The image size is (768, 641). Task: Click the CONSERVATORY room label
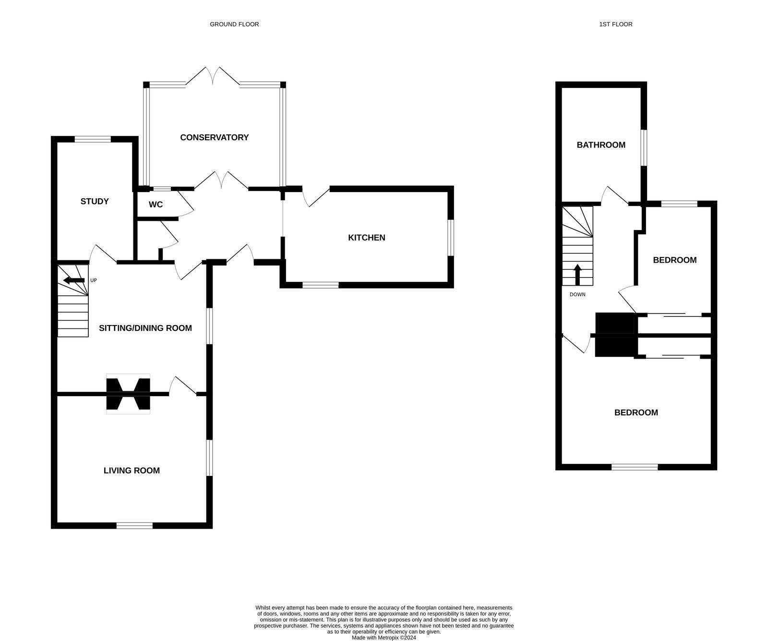214,137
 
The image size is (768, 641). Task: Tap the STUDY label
95,201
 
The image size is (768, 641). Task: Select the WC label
156,205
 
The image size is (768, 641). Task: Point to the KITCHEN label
367,238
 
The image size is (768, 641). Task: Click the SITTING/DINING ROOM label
145,328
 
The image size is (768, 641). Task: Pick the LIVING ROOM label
132,471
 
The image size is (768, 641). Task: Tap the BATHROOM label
601,145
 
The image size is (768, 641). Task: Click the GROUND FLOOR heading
234,24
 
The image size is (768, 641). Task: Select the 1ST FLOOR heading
616,24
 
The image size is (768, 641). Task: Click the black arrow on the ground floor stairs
74,280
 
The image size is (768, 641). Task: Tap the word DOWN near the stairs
577,294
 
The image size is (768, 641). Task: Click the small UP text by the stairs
94,280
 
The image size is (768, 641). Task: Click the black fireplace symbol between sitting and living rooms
128,394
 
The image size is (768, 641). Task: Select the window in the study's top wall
93,139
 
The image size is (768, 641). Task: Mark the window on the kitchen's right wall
451,238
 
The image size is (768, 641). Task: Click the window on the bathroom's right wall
644,148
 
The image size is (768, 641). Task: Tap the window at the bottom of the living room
134,526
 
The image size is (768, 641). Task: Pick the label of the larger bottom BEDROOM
636,412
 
